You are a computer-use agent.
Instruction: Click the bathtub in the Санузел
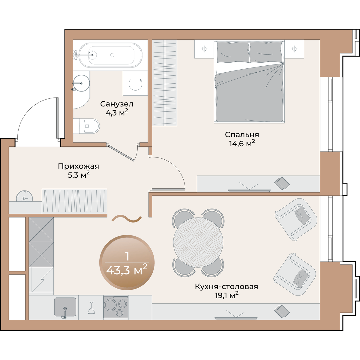pyautogui.click(x=110, y=55)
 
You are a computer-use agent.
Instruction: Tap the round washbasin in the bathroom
pyautogui.click(x=81, y=83)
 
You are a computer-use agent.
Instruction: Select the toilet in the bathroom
pyautogui.click(x=86, y=126)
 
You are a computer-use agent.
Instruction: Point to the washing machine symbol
pyautogui.click(x=135, y=83)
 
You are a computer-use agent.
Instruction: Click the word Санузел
pyautogui.click(x=117, y=104)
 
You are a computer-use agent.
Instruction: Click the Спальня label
pyautogui.click(x=242, y=134)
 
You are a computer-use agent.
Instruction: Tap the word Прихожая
pyautogui.click(x=78, y=166)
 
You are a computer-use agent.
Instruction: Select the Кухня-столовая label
pyautogui.click(x=226, y=286)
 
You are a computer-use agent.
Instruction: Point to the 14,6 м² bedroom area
pyautogui.click(x=242, y=144)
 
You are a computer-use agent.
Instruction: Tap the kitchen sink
pyautogui.click(x=65, y=307)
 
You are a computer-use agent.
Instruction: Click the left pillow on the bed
pyautogui.click(x=233, y=52)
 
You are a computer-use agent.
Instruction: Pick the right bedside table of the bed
pyautogui.click(x=294, y=49)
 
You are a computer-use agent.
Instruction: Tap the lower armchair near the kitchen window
pyautogui.click(x=295, y=274)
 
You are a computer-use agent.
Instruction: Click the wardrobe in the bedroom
pyautogui.click(x=164, y=83)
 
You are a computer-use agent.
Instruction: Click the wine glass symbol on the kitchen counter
pyautogui.click(x=91, y=307)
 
